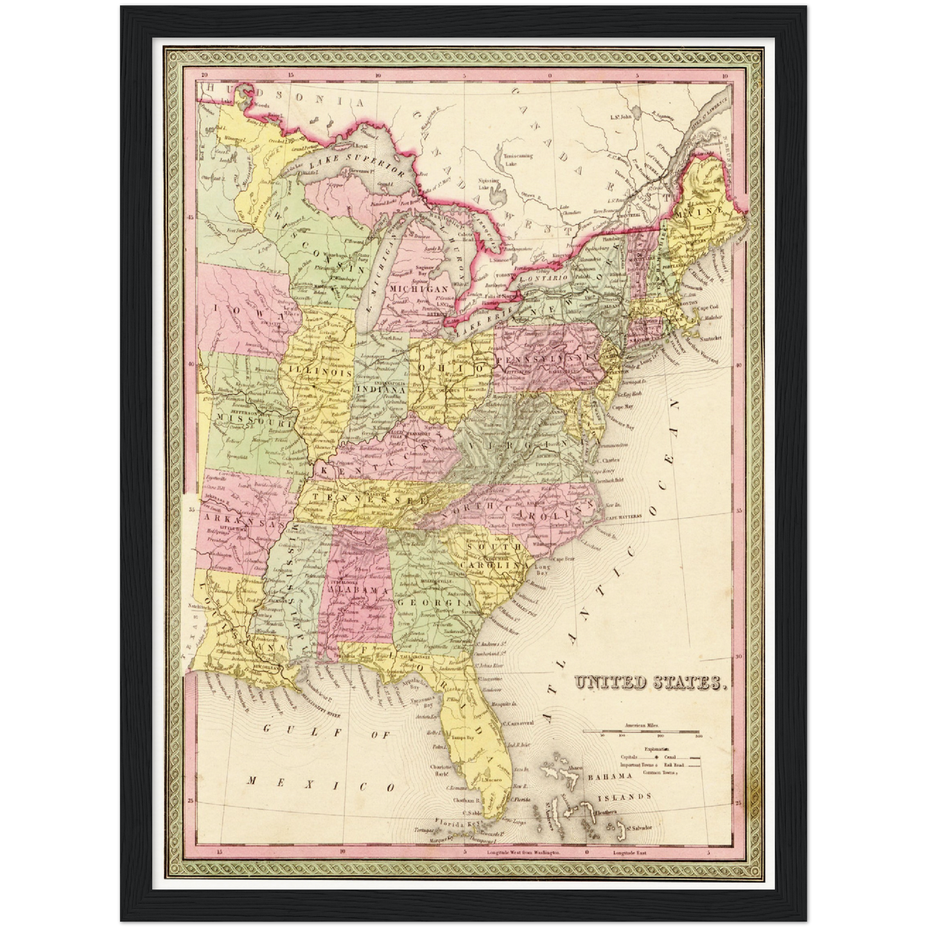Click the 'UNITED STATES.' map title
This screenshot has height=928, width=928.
(x=651, y=683)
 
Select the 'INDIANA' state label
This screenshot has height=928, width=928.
(x=380, y=389)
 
